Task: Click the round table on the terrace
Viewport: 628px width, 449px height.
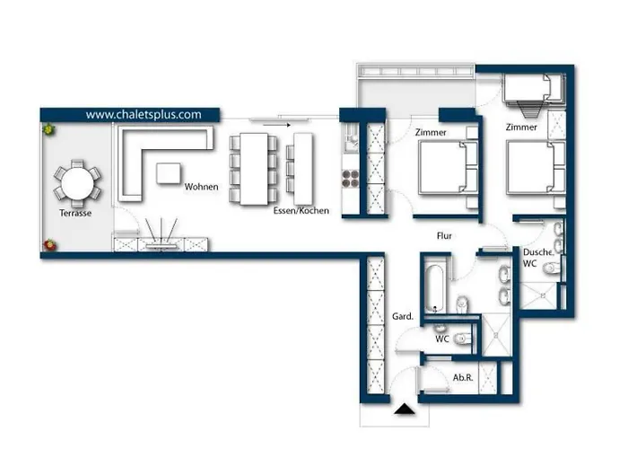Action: point(76,184)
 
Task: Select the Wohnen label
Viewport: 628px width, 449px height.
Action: point(201,188)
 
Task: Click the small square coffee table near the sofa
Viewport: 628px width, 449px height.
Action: point(169,172)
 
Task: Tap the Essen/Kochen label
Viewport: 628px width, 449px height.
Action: point(301,211)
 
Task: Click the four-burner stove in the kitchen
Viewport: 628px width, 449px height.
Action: point(350,176)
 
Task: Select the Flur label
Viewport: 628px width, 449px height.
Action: point(443,235)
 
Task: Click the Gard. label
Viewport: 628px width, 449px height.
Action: point(403,317)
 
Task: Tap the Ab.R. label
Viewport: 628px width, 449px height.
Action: point(463,378)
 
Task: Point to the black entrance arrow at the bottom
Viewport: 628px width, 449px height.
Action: point(406,411)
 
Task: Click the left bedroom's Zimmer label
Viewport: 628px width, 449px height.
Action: point(432,133)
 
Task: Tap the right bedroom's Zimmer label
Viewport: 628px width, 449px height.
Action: point(521,128)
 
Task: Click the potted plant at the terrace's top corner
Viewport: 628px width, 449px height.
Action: point(48,131)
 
